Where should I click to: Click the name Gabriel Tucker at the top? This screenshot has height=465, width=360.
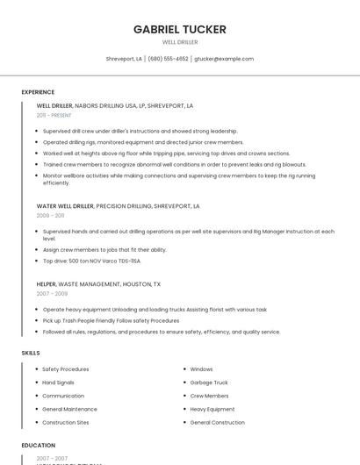click(180, 30)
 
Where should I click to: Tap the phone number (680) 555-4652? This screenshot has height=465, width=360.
click(168, 59)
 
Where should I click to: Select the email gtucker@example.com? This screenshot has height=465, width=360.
click(224, 59)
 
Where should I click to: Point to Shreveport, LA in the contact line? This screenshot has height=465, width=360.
click(124, 59)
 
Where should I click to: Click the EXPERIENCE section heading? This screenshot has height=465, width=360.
click(38, 92)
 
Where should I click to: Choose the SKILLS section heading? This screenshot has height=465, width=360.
click(31, 353)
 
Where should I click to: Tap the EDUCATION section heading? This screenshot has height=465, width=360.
click(39, 446)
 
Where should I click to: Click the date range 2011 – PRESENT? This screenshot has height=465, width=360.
click(54, 115)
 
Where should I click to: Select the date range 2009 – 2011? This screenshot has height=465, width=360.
click(50, 215)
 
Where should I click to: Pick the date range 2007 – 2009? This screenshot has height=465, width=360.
click(50, 293)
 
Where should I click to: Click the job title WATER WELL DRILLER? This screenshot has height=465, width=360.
click(65, 206)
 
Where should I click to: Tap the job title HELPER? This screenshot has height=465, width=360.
click(47, 284)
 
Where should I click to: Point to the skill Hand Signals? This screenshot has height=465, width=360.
click(58, 383)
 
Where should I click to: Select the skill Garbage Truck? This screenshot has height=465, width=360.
click(209, 383)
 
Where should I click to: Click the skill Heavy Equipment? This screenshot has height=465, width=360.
click(212, 409)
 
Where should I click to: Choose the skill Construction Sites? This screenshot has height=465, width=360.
click(66, 422)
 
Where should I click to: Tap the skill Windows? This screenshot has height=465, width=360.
click(201, 369)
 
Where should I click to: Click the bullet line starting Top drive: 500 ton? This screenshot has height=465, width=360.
click(91, 261)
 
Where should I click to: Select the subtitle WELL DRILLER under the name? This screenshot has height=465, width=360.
click(180, 42)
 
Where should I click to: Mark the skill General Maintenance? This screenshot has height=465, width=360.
click(69, 409)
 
